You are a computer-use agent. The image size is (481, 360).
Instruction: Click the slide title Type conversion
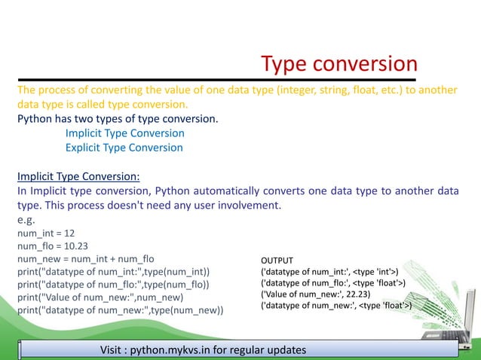339,65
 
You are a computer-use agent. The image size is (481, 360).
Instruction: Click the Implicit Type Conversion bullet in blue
124,133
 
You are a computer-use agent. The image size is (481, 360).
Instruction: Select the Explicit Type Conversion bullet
124,148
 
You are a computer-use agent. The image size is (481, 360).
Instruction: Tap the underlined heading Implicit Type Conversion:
78,177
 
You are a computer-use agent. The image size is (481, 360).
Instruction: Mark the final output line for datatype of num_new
335,306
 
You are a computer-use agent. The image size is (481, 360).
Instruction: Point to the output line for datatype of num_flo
332,282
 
